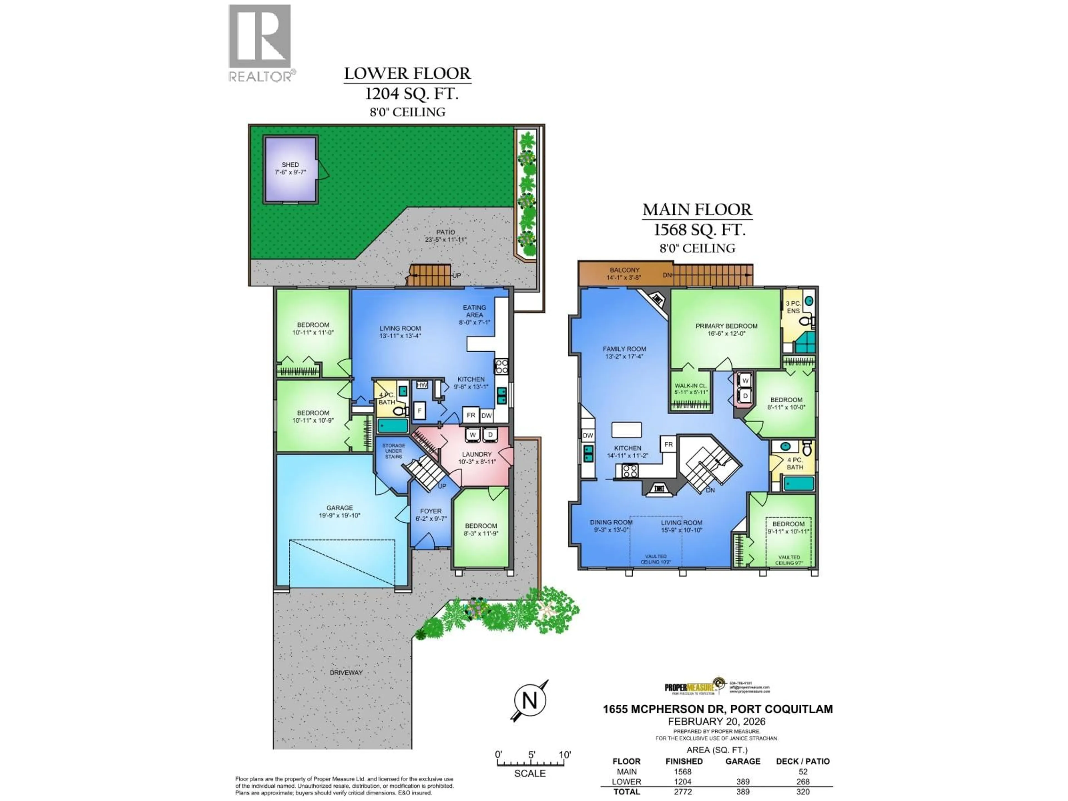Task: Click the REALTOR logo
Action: click(x=260, y=43)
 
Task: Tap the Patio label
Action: click(x=445, y=236)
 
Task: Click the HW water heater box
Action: click(x=422, y=385)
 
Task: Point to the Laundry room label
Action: click(x=476, y=458)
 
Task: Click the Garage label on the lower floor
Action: click(x=339, y=511)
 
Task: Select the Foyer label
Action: click(x=431, y=515)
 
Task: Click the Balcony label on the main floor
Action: click(x=624, y=274)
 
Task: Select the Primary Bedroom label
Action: click(x=726, y=329)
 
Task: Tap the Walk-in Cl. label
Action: click(x=691, y=389)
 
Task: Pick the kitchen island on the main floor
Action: click(x=627, y=429)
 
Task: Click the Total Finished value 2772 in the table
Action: click(x=683, y=792)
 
